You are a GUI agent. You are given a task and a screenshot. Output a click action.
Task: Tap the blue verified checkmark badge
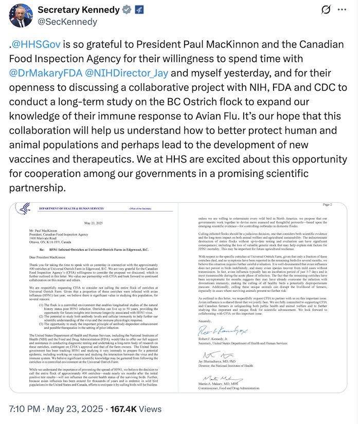pos(127,10)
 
